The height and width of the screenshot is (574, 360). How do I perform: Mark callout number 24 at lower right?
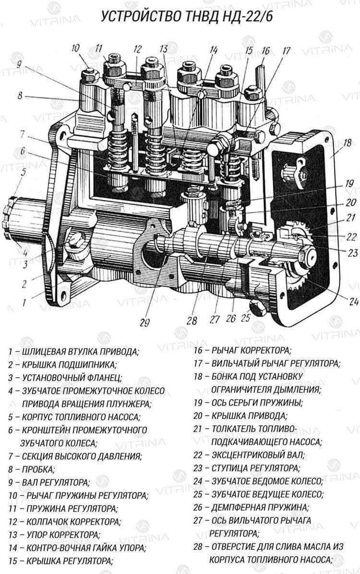[354, 301]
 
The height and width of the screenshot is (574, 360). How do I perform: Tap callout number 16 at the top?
[266, 51]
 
